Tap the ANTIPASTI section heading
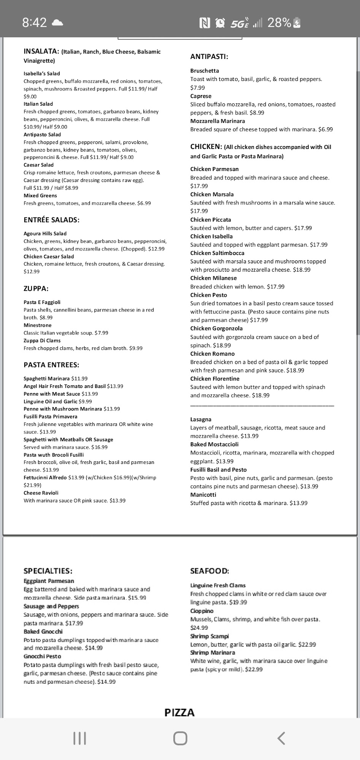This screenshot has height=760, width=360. pyautogui.click(x=209, y=57)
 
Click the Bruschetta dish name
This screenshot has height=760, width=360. pyautogui.click(x=205, y=71)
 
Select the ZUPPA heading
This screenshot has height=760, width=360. pyautogui.click(x=36, y=288)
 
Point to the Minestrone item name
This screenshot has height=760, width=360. pyautogui.click(x=37, y=325)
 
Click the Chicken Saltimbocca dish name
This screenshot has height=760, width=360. pyautogui.click(x=217, y=253)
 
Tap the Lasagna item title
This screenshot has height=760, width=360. pyautogui.click(x=201, y=420)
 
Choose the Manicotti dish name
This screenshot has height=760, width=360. pyautogui.click(x=203, y=495)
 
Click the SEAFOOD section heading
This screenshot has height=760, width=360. pyautogui.click(x=209, y=571)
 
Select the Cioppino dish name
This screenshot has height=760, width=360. pyautogui.click(x=202, y=611)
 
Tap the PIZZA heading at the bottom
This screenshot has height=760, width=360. pyautogui.click(x=179, y=712)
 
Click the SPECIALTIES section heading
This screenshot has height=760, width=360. pyautogui.click(x=48, y=571)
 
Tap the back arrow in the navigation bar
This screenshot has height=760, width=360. pyautogui.click(x=281, y=738)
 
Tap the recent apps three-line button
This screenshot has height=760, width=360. pyautogui.click(x=79, y=738)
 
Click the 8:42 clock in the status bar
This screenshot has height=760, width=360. pyautogui.click(x=34, y=23)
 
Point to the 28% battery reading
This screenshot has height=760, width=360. pyautogui.click(x=279, y=23)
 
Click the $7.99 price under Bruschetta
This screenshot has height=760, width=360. pyautogui.click(x=198, y=88)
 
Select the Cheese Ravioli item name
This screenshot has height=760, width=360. pyautogui.click(x=41, y=493)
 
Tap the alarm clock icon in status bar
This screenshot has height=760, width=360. pyautogui.click(x=220, y=23)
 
